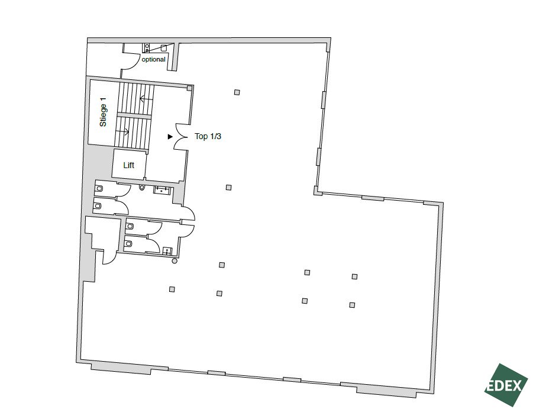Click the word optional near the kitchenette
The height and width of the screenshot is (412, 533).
tap(153, 59)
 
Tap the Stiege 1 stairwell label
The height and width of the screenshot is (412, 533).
tap(103, 112)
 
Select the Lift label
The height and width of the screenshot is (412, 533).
tap(129, 165)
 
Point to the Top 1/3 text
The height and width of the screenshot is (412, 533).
tap(208, 136)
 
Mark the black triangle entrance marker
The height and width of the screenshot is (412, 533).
tap(170, 137)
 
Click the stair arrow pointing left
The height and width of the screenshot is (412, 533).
tap(146, 99)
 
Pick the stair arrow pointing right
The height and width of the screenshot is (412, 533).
tap(122, 131)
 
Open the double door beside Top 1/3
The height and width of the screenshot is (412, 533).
tap(180, 136)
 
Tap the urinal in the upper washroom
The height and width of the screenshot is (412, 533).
tap(142, 188)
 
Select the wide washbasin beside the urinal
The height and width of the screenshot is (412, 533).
tap(161, 190)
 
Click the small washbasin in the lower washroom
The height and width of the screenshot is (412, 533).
tap(167, 252)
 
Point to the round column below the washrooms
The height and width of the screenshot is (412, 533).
tap(175, 261)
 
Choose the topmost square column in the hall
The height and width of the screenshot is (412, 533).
tap(237, 92)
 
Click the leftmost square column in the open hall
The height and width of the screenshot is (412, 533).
tap(172, 289)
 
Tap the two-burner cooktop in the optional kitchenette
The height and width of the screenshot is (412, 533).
tap(147, 48)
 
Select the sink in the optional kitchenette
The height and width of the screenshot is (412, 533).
tap(163, 48)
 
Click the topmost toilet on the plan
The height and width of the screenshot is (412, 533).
tap(99, 188)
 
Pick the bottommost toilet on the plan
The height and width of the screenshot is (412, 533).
tap(129, 244)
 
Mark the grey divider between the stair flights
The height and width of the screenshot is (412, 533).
tap(134, 116)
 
